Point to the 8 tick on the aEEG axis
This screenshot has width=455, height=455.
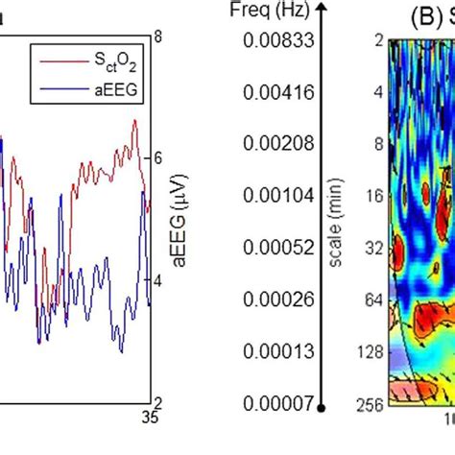pyautogui.click(x=157, y=36)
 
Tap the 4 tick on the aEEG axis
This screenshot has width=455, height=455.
pyautogui.click(x=157, y=281)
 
